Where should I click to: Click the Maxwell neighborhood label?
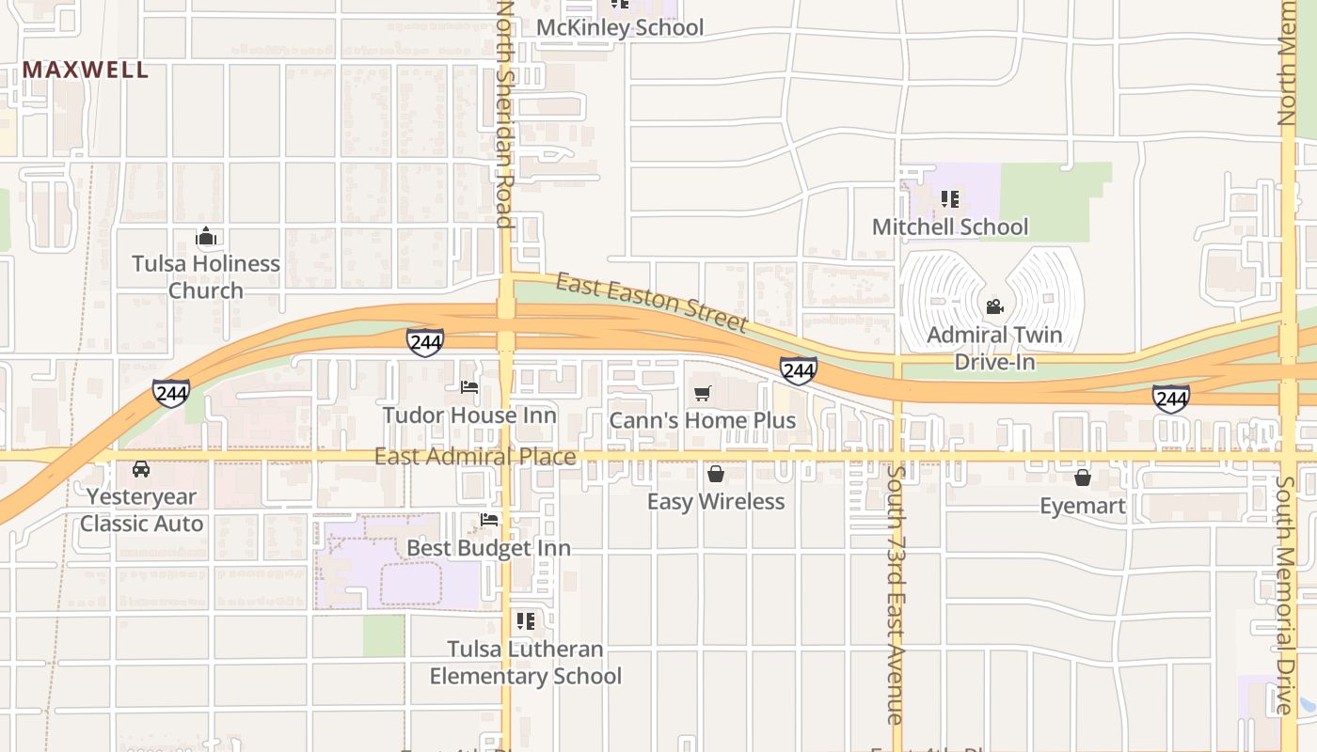[x=86, y=70]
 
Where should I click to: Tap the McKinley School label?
[x=619, y=28]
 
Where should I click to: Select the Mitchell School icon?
[x=950, y=199]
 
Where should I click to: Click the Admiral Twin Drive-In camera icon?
[x=994, y=306]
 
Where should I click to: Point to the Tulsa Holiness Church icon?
[x=206, y=236]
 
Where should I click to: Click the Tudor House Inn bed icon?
[x=469, y=386]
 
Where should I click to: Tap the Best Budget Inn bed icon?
[x=489, y=519]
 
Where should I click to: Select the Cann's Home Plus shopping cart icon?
[x=703, y=393]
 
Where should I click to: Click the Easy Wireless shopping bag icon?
[x=716, y=474]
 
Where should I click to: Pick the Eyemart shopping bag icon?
[x=1083, y=478]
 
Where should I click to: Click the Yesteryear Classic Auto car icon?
[x=141, y=469]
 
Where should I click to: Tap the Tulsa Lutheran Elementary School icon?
[x=525, y=620]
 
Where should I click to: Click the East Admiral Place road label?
[x=475, y=457]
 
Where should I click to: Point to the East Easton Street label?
[x=651, y=303]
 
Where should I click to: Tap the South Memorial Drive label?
[x=1286, y=594]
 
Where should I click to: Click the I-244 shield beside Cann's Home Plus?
[x=798, y=371]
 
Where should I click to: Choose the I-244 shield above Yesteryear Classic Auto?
[x=171, y=393]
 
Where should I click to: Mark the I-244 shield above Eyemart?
[x=1171, y=399]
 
